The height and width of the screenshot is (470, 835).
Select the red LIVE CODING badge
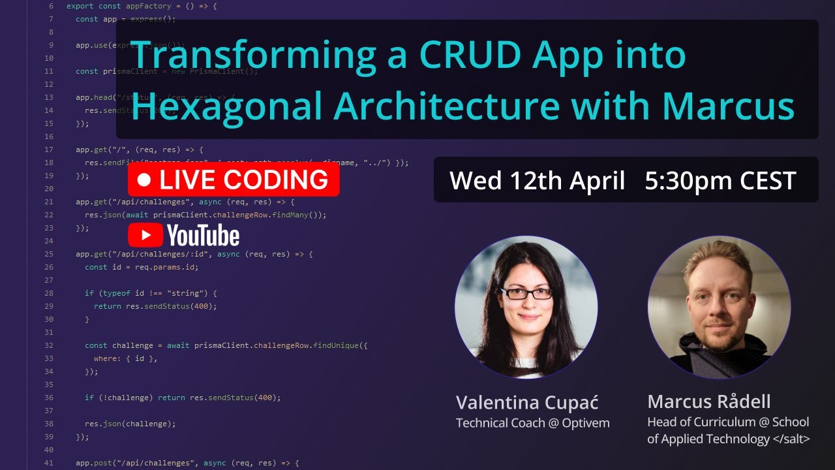234,180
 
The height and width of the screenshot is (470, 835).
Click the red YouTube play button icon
145,235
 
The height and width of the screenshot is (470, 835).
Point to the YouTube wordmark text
203,235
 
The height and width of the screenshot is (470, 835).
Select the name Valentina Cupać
527,402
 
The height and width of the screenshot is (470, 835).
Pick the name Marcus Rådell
709,401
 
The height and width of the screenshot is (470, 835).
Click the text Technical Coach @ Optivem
532,423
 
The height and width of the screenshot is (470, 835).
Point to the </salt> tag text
791,439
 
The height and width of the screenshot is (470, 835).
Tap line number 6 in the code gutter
52,6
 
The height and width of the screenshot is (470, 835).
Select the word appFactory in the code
142,6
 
